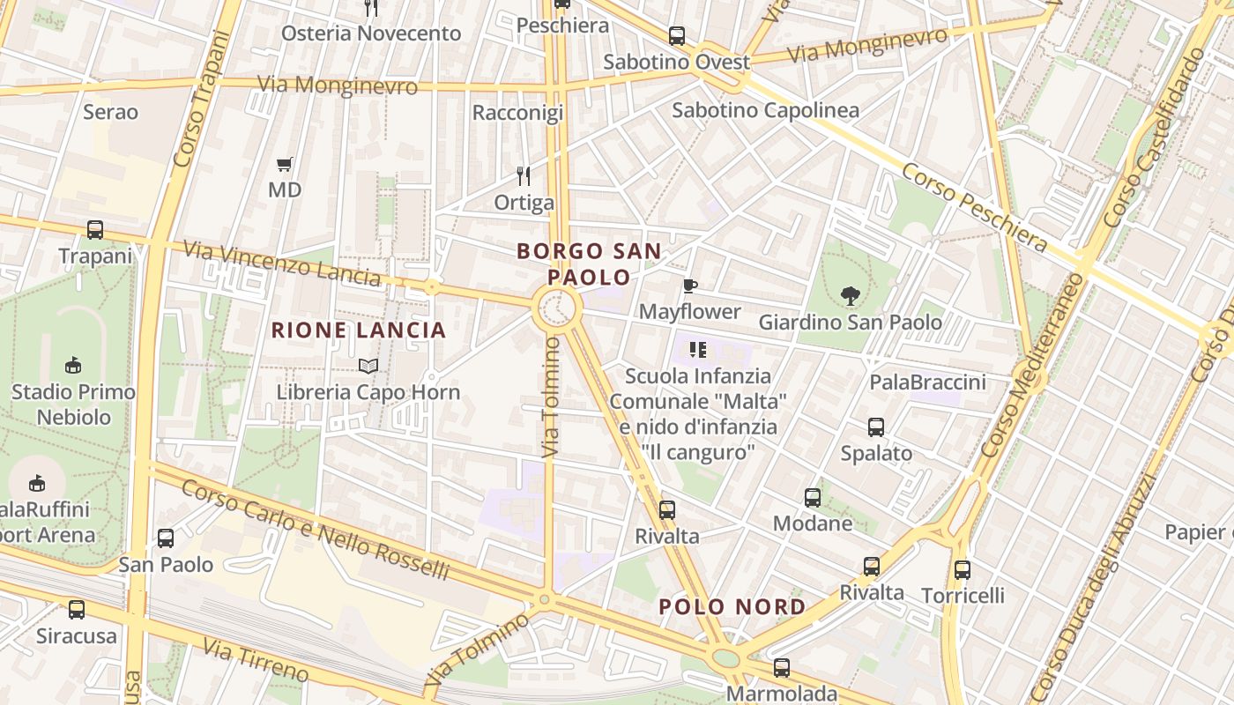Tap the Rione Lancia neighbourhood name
[x=359, y=330]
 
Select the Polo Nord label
[x=732, y=606]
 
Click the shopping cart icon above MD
[x=284, y=164]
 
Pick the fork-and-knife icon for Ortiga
[x=524, y=175]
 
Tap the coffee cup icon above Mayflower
[x=689, y=286]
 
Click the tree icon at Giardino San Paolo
[x=850, y=295]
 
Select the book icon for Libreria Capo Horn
[x=368, y=366]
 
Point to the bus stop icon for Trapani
[x=95, y=230]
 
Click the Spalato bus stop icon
[x=875, y=427]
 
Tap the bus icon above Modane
[x=813, y=498]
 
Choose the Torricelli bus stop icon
[x=962, y=570]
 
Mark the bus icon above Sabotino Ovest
[x=676, y=36]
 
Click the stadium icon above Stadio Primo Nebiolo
[x=73, y=366]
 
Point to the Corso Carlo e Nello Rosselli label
[x=316, y=526]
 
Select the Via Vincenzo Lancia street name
[x=282, y=263]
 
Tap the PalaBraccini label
[x=927, y=382]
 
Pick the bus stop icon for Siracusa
[x=77, y=609]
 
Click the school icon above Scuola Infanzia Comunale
[x=698, y=350]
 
